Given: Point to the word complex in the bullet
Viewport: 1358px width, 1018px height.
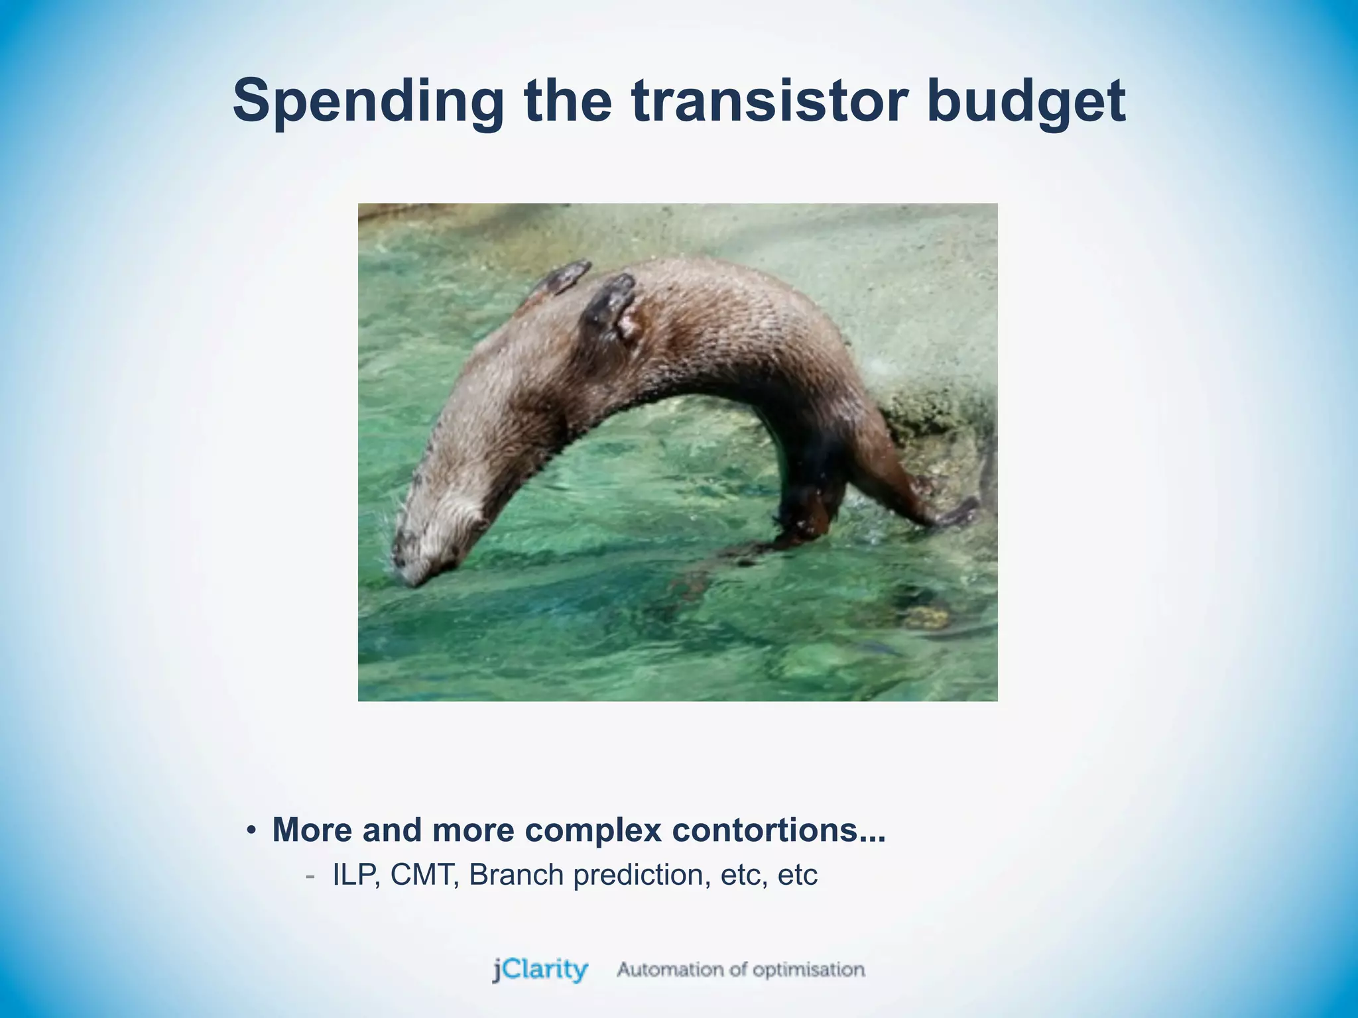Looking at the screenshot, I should [x=593, y=831].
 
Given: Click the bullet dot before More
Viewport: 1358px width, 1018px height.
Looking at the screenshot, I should [x=251, y=831].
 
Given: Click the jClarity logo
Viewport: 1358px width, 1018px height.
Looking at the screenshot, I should [x=540, y=970].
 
